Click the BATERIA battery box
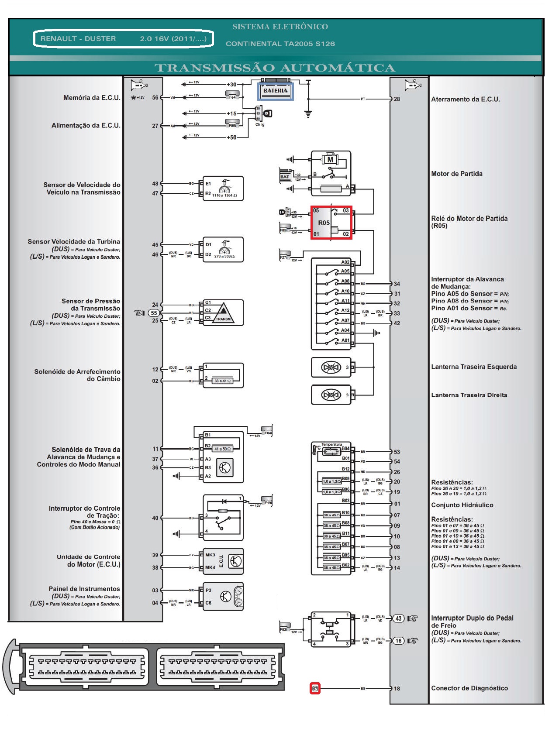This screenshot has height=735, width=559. [x=275, y=91]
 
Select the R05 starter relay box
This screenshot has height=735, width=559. [x=331, y=223]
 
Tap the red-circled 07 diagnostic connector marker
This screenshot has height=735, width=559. [x=315, y=689]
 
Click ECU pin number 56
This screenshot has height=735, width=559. [x=155, y=98]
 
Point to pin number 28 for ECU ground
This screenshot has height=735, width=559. [x=397, y=99]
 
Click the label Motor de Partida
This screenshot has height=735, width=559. [x=457, y=174]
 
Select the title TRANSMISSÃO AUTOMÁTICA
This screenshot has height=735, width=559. [x=275, y=68]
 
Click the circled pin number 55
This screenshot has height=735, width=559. [x=154, y=313]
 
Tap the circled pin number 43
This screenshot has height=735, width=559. [x=398, y=618]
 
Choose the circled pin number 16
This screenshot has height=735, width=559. [x=398, y=641]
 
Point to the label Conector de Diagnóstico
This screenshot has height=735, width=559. [x=469, y=688]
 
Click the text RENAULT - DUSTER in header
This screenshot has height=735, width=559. [x=78, y=39]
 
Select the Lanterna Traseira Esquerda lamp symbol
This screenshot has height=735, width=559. [x=331, y=367]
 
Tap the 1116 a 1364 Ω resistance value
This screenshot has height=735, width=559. [x=224, y=196]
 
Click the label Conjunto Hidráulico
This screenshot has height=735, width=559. [x=462, y=505]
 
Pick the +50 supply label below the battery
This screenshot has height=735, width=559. [x=231, y=137]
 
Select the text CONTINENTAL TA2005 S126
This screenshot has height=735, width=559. [x=280, y=44]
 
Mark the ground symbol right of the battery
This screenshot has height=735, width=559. [x=308, y=114]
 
